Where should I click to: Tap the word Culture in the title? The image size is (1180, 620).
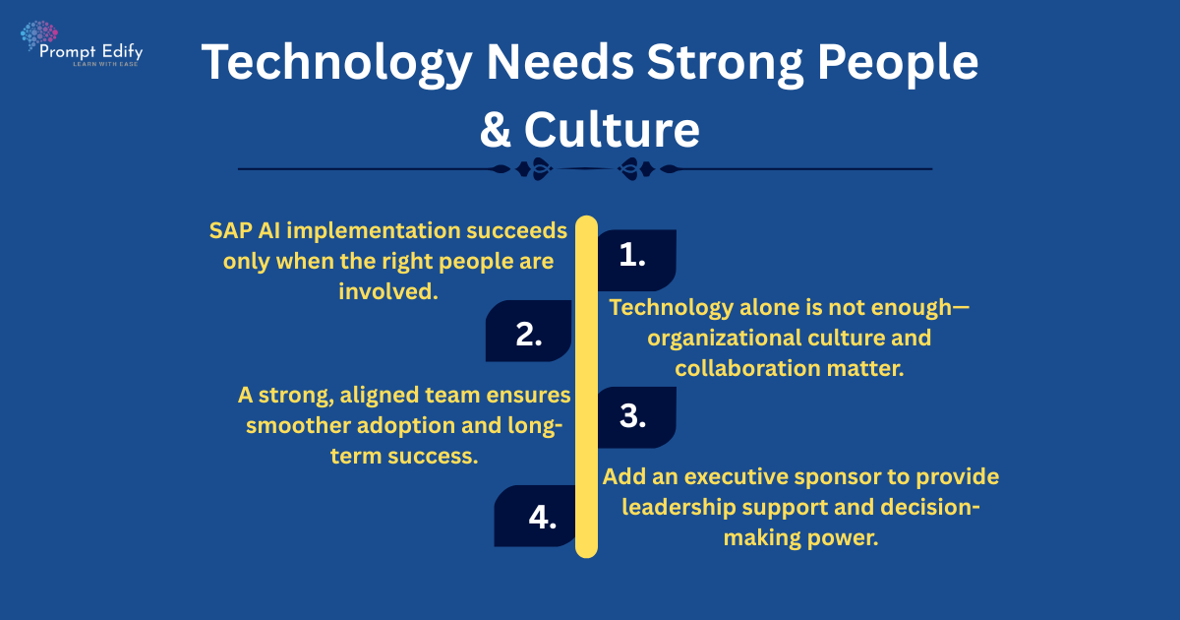(x=613, y=130)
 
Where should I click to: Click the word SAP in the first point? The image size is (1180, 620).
(x=230, y=230)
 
